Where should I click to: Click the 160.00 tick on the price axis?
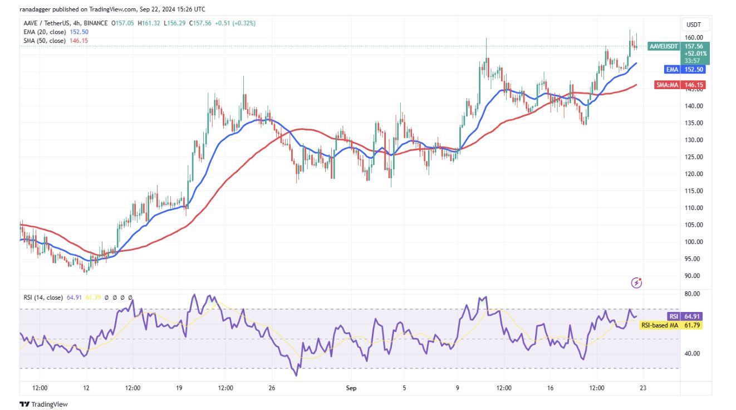(x=693, y=38)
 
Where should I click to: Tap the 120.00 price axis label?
(x=693, y=174)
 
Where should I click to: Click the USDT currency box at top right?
(x=694, y=25)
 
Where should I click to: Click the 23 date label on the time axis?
(x=642, y=387)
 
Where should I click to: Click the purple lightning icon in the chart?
(x=637, y=283)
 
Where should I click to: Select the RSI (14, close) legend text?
(x=43, y=297)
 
